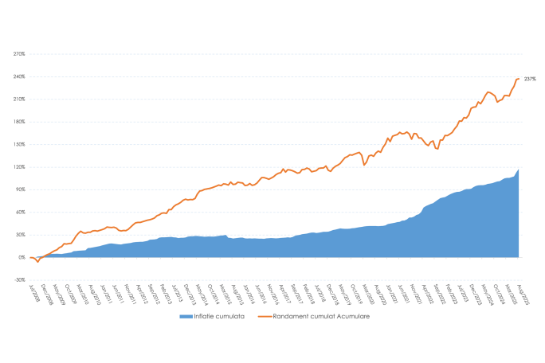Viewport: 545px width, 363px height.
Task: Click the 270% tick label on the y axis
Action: tap(19, 54)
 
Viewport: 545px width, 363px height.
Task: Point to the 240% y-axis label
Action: tap(19, 76)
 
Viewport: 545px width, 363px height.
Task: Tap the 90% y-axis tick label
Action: tap(20, 189)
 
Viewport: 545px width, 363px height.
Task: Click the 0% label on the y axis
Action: tap(22, 257)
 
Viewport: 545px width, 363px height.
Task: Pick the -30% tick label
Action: tap(19, 279)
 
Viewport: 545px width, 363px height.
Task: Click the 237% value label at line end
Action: tap(530, 79)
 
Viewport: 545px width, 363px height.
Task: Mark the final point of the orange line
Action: tap(519, 78)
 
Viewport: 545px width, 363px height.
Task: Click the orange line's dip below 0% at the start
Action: tap(37, 262)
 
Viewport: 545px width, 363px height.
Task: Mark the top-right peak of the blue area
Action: tap(519, 170)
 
